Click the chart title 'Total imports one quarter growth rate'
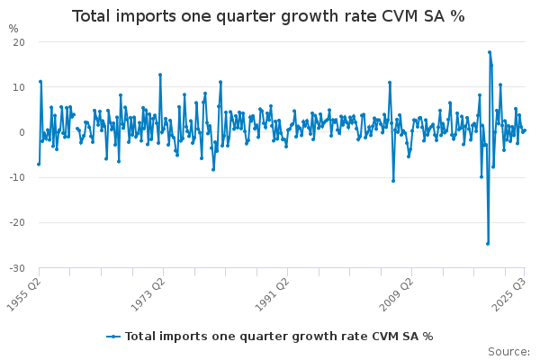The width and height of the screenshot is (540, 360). click(x=268, y=16)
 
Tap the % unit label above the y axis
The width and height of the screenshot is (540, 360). click(x=13, y=28)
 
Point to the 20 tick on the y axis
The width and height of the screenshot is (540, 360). click(x=19, y=42)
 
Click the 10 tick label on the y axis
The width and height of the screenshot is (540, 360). click(x=19, y=87)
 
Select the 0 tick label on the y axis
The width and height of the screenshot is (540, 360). click(x=22, y=132)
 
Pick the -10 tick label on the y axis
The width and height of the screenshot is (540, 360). click(x=17, y=177)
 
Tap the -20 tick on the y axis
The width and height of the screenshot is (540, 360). click(x=17, y=223)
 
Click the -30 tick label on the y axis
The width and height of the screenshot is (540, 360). click(x=17, y=268)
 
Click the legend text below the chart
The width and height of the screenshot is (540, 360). click(x=279, y=336)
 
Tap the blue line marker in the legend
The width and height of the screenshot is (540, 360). click(x=113, y=336)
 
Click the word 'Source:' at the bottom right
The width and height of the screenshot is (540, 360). click(x=508, y=351)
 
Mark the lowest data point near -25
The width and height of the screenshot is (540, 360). click(x=488, y=243)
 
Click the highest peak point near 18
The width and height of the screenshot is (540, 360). click(x=490, y=52)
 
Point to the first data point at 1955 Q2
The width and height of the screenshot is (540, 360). click(x=39, y=164)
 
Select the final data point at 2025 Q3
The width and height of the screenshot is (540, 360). click(x=524, y=130)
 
